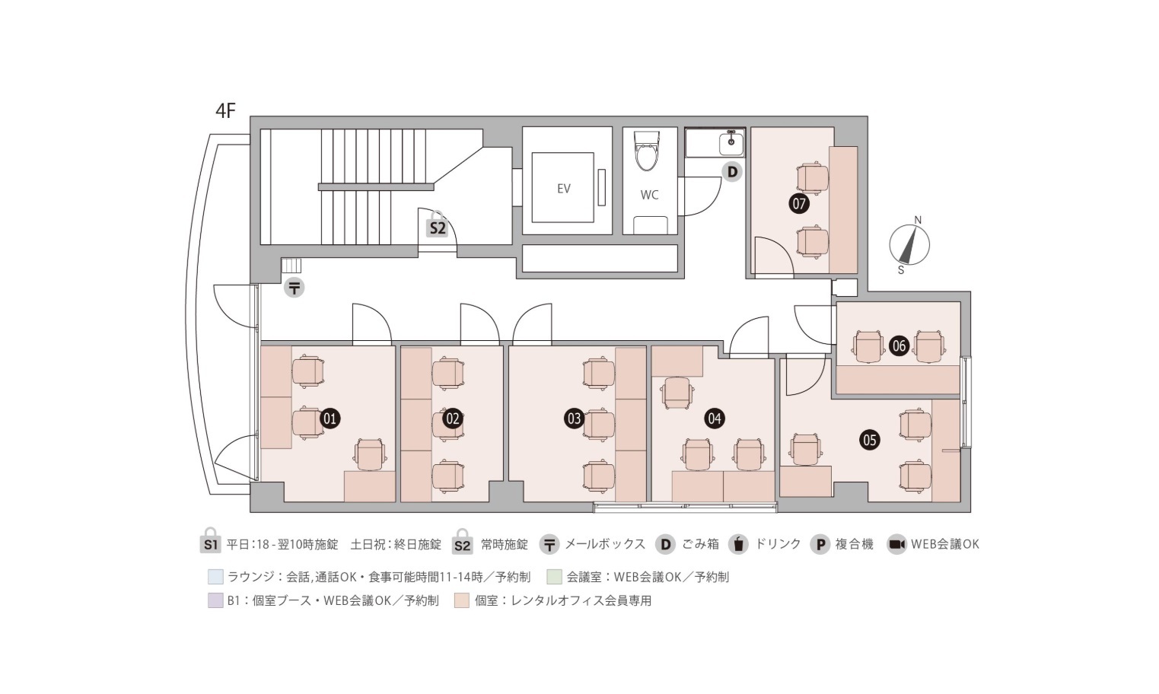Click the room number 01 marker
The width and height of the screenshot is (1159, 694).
(330, 418)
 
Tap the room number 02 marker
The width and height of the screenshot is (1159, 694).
(453, 418)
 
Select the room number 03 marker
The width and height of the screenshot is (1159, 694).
(574, 418)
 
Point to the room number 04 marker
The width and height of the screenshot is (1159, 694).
(714, 418)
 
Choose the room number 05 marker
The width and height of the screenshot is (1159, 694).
(869, 439)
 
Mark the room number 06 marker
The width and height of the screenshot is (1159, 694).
(899, 346)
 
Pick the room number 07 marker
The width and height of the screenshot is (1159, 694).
(799, 203)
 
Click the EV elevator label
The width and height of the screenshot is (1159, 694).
(563, 189)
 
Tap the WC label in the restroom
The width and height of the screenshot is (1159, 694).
(649, 195)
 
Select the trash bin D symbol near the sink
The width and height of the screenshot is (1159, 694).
(732, 172)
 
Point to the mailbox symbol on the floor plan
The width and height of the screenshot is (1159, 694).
(294, 288)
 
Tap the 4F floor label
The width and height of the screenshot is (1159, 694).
(226, 111)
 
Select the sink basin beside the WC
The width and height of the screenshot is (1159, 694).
(731, 142)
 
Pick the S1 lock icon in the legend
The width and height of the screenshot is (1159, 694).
(211, 543)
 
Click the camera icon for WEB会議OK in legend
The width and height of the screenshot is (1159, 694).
(896, 544)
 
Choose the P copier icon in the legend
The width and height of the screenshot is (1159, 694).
(820, 544)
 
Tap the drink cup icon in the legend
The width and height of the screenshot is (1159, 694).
(738, 544)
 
